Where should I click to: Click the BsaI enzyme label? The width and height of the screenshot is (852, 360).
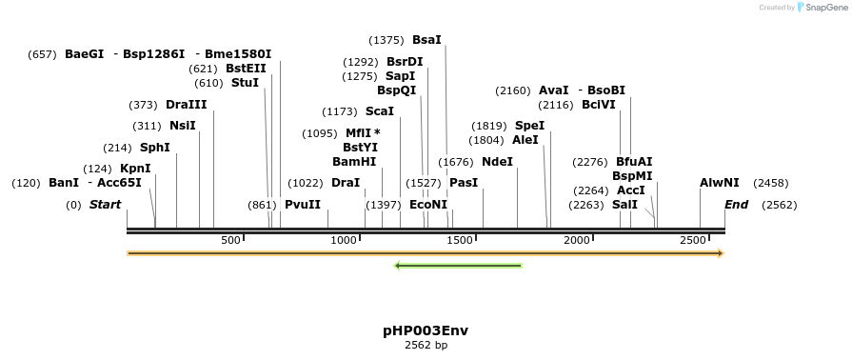point(426,40)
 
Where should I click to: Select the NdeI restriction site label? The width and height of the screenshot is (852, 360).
point(497,162)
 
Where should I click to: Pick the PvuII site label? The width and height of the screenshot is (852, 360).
point(303,205)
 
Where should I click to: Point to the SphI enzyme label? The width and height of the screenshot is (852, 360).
point(154,148)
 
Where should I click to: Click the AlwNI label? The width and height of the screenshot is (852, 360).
point(719,183)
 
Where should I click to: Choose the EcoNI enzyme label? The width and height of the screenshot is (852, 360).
point(427,205)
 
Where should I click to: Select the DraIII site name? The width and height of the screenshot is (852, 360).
point(186,105)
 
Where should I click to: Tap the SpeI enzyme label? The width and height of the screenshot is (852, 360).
point(529,126)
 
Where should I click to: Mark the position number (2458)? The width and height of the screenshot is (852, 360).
point(770,183)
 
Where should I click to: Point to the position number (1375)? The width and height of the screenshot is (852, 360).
point(386,40)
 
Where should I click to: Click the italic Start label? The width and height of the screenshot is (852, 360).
point(106,205)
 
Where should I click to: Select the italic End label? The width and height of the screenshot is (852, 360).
point(736,205)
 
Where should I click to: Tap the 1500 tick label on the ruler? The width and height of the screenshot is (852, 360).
point(460,241)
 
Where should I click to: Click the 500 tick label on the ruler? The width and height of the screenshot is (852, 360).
point(230,241)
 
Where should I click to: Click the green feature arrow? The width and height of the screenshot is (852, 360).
point(458,266)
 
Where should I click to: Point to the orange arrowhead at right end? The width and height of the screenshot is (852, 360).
point(721,253)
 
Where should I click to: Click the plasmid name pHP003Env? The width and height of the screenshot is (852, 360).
point(426,330)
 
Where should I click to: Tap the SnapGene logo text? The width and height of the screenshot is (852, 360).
point(824,8)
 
